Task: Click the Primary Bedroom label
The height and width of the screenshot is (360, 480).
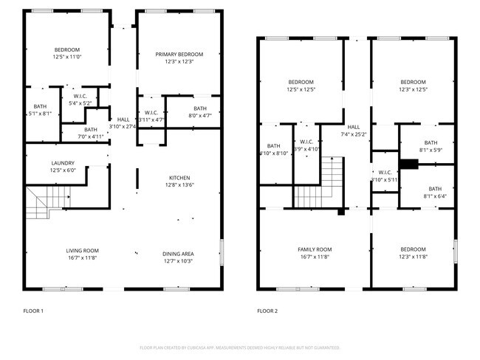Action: (179, 54)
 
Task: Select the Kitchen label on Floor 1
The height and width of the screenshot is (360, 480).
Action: (180, 178)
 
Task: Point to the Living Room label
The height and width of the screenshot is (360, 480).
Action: (83, 251)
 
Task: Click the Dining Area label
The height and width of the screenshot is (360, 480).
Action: (177, 254)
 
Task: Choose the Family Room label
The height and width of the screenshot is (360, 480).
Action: (315, 249)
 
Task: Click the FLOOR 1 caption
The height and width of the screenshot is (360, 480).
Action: (33, 311)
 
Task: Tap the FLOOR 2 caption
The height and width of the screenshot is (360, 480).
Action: (267, 311)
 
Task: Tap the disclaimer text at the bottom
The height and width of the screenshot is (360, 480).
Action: (240, 347)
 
